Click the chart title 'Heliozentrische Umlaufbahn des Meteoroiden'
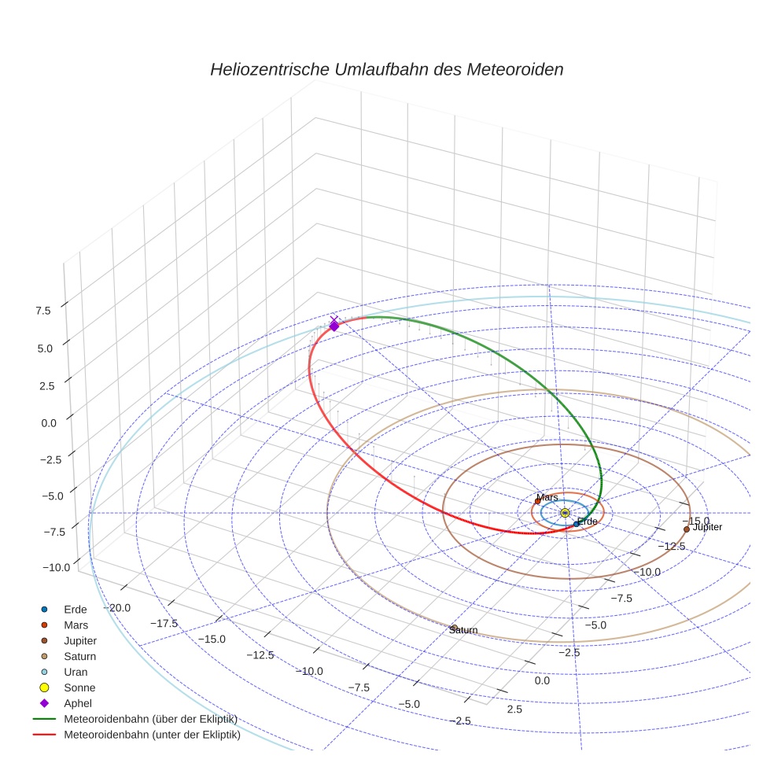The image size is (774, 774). [386, 69]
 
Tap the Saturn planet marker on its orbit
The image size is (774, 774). [454, 628]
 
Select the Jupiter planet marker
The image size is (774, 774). [687, 529]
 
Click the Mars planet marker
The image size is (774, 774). [537, 501]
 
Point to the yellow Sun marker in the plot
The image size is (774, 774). [566, 513]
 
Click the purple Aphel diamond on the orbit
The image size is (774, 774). [334, 326]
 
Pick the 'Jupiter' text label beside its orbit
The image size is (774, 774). [707, 528]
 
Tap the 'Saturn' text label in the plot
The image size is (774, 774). [463, 631]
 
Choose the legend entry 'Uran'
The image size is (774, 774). [76, 673]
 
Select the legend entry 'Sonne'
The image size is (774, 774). [79, 688]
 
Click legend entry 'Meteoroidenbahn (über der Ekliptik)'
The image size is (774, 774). [150, 720]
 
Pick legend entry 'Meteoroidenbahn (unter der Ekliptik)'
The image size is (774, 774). [152, 736]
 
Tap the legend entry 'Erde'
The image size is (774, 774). [76, 610]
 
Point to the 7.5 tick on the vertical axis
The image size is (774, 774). [42, 311]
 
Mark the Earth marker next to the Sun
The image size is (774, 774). [576, 524]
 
